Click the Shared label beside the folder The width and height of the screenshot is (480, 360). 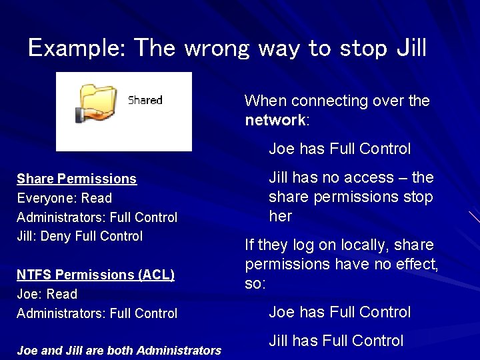[145, 101]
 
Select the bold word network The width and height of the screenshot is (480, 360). [275, 121]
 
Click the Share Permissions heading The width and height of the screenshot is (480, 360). [77, 179]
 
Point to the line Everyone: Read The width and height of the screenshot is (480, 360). [64, 198]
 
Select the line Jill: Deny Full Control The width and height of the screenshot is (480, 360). [79, 236]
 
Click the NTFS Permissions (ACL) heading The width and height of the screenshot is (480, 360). [95, 275]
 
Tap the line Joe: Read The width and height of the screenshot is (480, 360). [47, 294]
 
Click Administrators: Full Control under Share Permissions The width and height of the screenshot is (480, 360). [97, 217]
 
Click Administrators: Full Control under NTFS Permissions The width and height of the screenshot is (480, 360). [97, 313]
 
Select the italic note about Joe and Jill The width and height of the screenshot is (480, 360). [119, 351]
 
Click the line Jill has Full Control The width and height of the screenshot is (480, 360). [336, 341]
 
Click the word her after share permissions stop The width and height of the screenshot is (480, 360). [280, 217]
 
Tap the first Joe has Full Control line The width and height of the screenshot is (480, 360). [339, 149]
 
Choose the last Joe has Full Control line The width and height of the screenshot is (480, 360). [339, 312]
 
